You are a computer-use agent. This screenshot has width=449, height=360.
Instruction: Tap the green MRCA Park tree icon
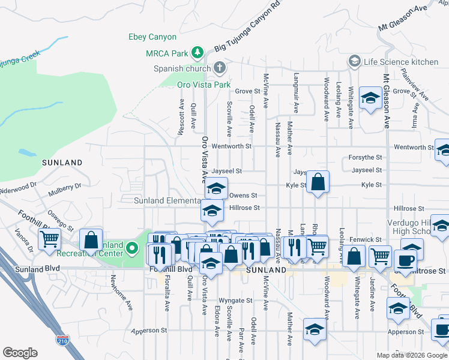(196, 53)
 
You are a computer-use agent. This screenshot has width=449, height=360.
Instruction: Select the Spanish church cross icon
(220, 67)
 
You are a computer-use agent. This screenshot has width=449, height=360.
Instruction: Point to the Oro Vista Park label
(203, 85)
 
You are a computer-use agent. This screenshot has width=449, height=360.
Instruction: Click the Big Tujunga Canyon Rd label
(247, 34)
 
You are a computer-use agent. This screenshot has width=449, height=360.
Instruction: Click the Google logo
(20, 353)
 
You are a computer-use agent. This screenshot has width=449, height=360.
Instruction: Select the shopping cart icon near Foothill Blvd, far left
(50, 239)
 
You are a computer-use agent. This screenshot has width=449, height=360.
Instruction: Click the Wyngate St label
(236, 300)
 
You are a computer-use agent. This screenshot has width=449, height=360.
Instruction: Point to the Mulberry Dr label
(66, 187)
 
